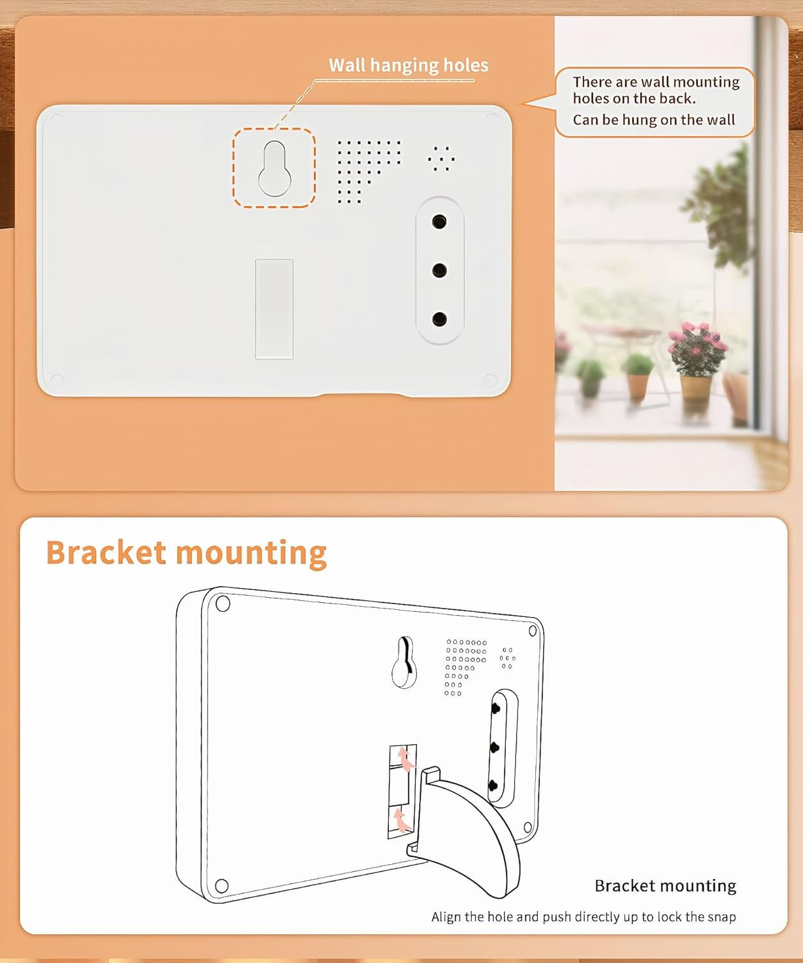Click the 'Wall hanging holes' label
pos(408,65)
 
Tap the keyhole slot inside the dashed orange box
pos(275,169)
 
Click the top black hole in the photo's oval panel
pos(439,222)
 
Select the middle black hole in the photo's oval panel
pos(439,270)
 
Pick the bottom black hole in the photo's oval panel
pos(439,318)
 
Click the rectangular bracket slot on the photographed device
pos(274,309)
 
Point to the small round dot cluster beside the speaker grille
pos(441,159)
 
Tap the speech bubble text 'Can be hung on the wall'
pos(653,120)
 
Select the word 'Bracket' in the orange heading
pos(106,552)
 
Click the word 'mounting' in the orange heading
pos(252,554)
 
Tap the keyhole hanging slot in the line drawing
pos(404,663)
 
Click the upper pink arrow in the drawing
pos(406,759)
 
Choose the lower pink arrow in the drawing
pos(402,821)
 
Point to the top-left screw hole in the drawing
pos(223,603)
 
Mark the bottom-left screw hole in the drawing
pos(222,885)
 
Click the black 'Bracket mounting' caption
pos(665,886)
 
